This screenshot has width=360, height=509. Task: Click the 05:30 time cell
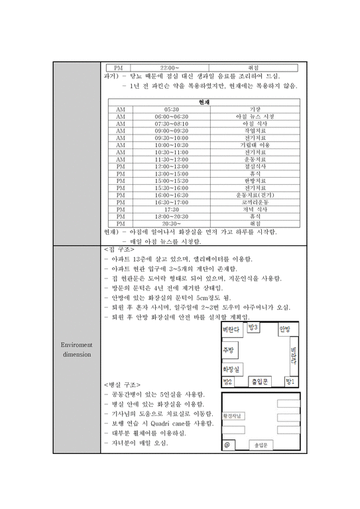click(171, 109)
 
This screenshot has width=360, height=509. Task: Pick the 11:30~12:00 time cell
click(171, 160)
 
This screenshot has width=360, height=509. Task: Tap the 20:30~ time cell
click(171, 224)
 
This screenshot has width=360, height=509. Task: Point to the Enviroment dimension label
click(77, 349)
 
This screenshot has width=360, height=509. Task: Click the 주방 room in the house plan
click(229, 350)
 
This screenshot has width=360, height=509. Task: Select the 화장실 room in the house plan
click(231, 368)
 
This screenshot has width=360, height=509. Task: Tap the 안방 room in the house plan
click(284, 329)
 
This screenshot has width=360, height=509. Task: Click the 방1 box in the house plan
click(289, 382)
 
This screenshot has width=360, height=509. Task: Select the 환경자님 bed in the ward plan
click(235, 416)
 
